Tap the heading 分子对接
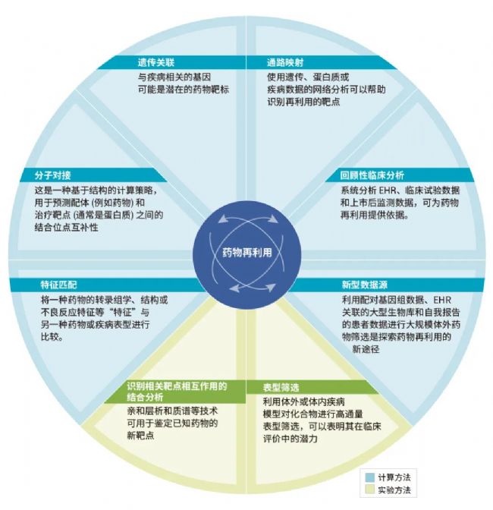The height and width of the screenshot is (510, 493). coord(52,175)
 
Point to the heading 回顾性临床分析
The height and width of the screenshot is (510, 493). coord(372,175)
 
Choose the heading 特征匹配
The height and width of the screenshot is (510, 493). coord(59,285)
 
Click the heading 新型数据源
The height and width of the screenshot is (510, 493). coord(364,285)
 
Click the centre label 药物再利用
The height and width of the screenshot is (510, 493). coord(247,253)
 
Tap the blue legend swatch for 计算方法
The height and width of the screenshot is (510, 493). coord(370,477)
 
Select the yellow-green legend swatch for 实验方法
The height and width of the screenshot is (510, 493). coord(370,490)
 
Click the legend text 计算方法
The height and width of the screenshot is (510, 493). coord(394,477)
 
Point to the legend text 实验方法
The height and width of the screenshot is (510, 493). coord(394,490)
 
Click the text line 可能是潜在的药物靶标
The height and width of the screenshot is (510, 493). coord(184,90)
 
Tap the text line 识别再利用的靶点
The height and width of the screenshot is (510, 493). coord(303,102)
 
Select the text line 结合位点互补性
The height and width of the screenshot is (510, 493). coord(66,227)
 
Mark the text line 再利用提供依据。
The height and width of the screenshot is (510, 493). coord(375,215)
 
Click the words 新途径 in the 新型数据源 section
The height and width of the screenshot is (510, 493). coord(366,349)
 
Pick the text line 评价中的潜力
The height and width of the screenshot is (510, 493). coord(290,439)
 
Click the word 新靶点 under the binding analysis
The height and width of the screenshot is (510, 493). coord(140,435)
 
